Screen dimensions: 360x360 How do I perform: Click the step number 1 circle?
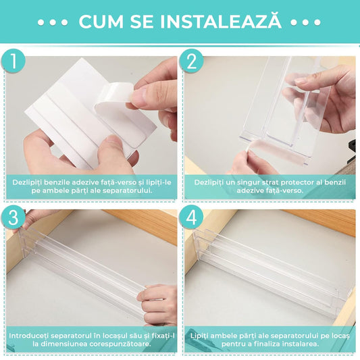pyautogui.click(x=13, y=61)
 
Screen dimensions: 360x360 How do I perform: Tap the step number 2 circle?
pyautogui.click(x=191, y=61)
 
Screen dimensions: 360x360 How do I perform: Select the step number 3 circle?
pyautogui.click(x=13, y=217)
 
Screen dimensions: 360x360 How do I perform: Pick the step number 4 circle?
pyautogui.click(x=191, y=217)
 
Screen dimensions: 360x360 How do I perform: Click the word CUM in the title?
pyautogui.click(x=101, y=22)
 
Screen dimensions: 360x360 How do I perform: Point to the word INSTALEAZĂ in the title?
pyautogui.click(x=221, y=21)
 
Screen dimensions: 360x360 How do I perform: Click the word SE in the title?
pyautogui.click(x=142, y=22)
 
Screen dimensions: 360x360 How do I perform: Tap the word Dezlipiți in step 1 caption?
pyautogui.click(x=27, y=182)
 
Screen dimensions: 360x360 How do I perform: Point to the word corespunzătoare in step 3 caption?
pyautogui.click(x=120, y=344)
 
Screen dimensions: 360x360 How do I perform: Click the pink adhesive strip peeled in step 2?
pyautogui.click(x=274, y=151)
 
